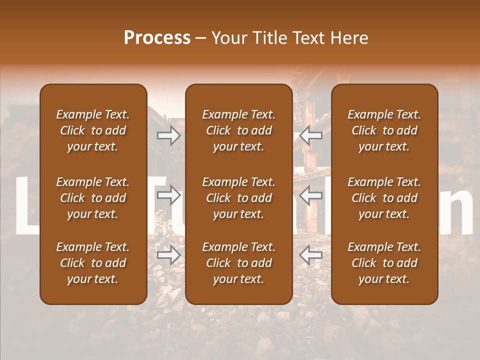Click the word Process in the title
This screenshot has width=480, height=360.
(157, 38)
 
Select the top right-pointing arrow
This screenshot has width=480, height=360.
(168, 135)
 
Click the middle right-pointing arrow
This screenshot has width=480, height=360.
(168, 195)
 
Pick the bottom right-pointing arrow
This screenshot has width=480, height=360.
(168, 255)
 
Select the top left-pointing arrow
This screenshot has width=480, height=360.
(311, 135)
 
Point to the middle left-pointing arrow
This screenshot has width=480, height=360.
(311, 195)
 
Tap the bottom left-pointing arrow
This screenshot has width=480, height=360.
(311, 255)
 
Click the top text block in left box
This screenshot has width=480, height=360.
(93, 130)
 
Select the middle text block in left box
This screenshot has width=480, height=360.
(93, 198)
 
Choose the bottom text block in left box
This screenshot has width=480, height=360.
(93, 263)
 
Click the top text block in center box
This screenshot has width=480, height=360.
(238, 130)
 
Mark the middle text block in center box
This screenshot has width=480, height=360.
(238, 198)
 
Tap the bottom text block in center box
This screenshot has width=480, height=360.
(238, 263)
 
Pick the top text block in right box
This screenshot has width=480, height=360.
(384, 130)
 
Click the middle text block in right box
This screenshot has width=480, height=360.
(384, 198)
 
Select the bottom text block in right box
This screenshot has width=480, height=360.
(384, 263)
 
